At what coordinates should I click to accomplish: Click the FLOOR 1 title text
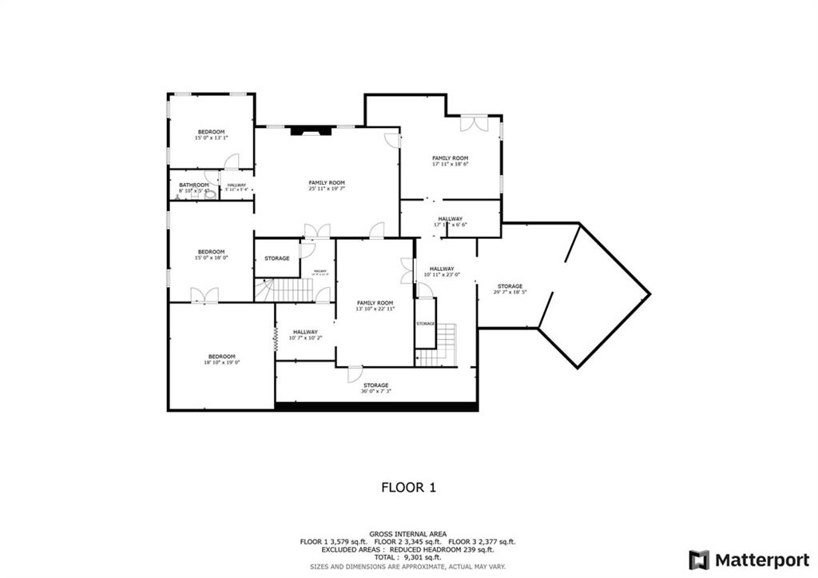[x=408, y=486]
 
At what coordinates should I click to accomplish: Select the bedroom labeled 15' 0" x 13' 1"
[x=211, y=135]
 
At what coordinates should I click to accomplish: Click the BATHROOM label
[x=193, y=185]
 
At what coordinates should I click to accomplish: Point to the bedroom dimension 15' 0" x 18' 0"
[x=211, y=257]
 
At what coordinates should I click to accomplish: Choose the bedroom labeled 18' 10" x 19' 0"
[x=221, y=359]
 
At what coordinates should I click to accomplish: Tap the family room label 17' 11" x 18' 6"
[x=450, y=161]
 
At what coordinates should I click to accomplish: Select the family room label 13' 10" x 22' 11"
[x=375, y=305]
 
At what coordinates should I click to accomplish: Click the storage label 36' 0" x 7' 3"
[x=377, y=388]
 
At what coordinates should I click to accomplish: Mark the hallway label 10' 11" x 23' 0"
[x=442, y=272]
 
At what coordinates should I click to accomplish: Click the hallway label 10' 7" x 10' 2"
[x=305, y=335]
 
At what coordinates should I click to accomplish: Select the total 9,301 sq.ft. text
[x=408, y=557]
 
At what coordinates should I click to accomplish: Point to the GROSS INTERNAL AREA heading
[x=408, y=534]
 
